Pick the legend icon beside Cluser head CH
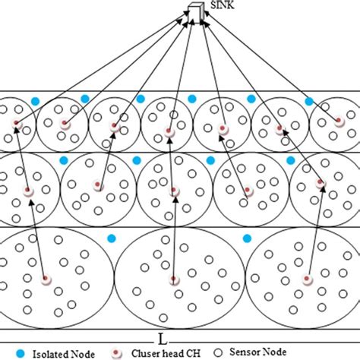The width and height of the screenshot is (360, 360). [118, 352]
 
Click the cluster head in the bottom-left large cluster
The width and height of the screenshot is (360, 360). [46, 281]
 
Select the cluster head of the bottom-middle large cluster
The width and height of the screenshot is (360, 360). [175, 280]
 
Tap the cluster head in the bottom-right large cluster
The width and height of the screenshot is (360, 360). [308, 280]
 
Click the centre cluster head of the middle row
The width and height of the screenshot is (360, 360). [174, 190]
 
